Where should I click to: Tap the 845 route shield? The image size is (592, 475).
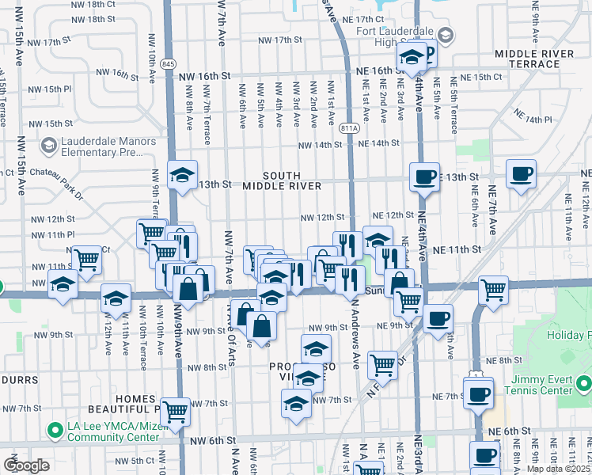tap(167, 63)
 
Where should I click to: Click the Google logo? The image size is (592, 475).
tap(26, 465)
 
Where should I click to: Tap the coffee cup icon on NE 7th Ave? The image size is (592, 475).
tap(520, 174)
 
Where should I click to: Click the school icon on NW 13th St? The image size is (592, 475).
tap(183, 176)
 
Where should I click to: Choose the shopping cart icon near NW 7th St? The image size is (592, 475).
tap(174, 410)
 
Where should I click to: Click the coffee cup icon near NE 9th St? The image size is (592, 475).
tap(437, 318)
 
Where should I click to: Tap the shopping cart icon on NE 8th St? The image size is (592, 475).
tap(382, 363)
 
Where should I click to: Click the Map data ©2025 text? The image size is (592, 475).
tap(558, 469)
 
